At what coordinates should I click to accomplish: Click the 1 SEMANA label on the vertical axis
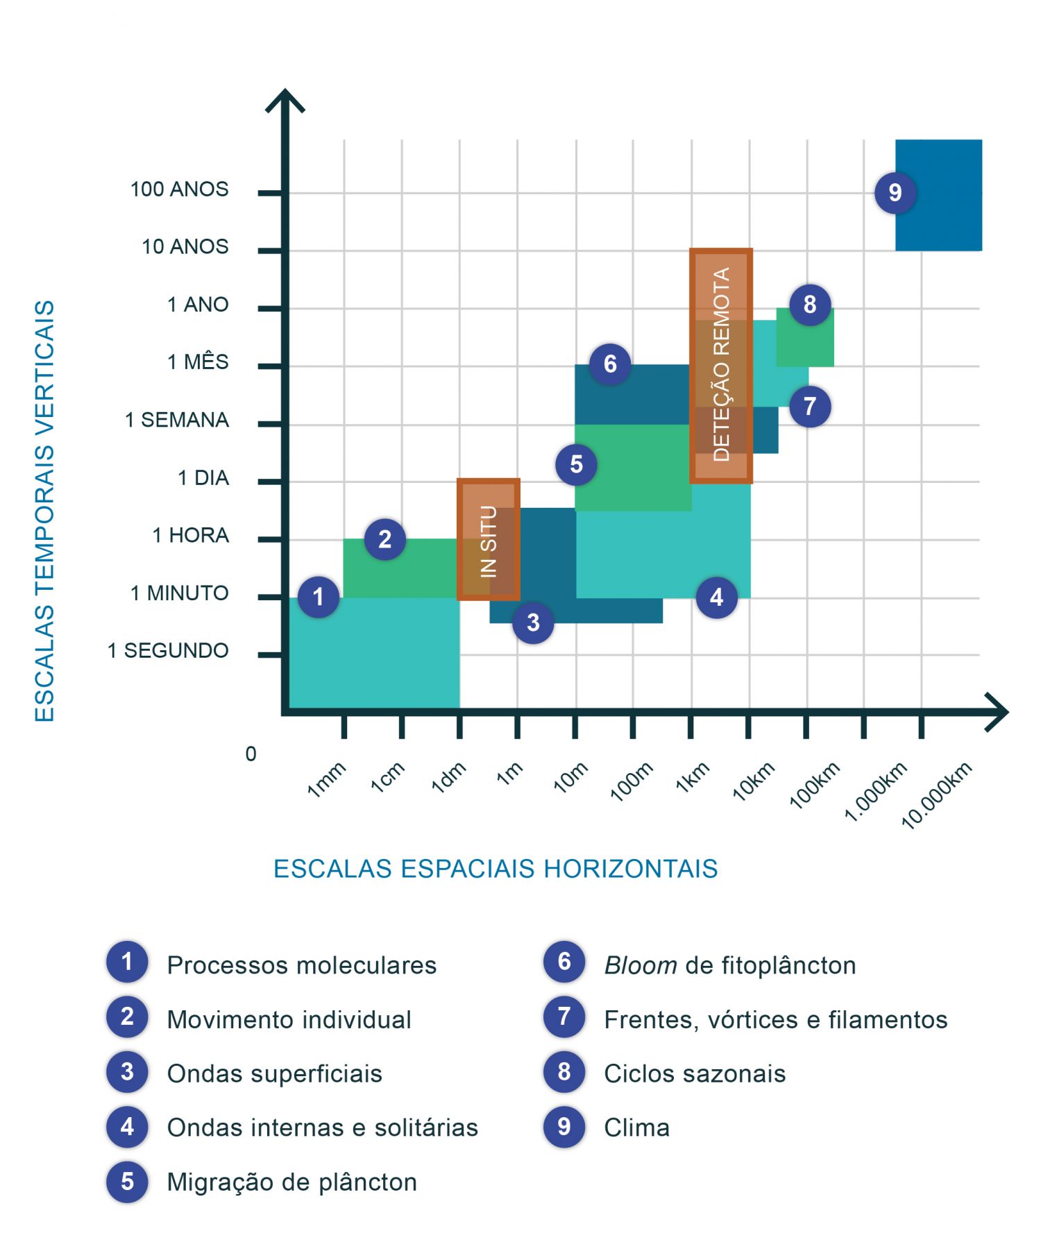[176, 420]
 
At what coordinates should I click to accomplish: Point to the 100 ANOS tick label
[179, 189]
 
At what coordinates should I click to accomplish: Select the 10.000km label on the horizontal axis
[936, 795]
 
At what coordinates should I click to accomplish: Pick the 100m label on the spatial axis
[631, 781]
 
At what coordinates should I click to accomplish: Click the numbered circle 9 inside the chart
[895, 192]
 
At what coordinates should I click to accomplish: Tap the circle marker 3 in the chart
[532, 622]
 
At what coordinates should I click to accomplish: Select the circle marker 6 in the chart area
[609, 364]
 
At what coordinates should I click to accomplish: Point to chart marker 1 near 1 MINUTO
[319, 597]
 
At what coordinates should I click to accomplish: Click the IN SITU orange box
[489, 540]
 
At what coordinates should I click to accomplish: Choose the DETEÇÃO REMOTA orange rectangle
[721, 365]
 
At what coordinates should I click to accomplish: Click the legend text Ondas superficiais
[274, 1073]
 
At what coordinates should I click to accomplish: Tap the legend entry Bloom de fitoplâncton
[729, 965]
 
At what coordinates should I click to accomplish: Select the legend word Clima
[636, 1128]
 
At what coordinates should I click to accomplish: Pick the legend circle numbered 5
[127, 1181]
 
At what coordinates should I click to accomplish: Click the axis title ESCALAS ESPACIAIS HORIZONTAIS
[496, 869]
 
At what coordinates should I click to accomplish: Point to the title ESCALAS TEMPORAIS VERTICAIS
[44, 511]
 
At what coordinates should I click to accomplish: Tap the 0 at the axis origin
[251, 754]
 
